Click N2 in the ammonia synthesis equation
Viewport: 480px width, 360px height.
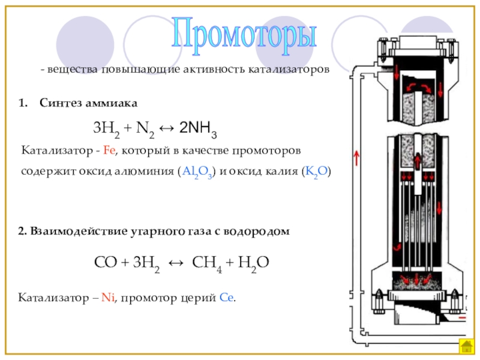click(x=144, y=128)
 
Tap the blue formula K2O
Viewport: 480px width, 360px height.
click(x=316, y=172)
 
